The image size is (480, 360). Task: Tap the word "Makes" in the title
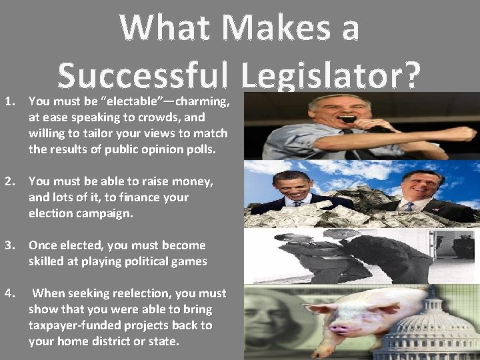pyautogui.click(x=281, y=28)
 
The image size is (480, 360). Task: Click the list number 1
pyautogui.click(x=9, y=102)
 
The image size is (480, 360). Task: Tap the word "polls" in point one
pyautogui.click(x=198, y=149)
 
